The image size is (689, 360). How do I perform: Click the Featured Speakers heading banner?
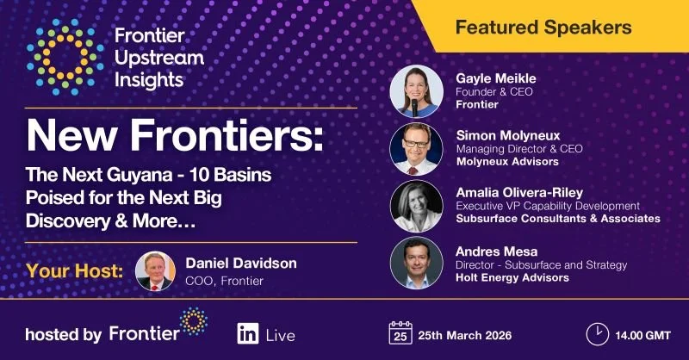pos(543,27)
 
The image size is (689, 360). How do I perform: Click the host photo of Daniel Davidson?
pos(156,271)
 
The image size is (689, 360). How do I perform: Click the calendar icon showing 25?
pos(399,333)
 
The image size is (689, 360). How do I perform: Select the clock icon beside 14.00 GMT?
pos(596,333)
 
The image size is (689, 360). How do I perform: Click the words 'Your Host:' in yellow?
pos(74,271)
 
